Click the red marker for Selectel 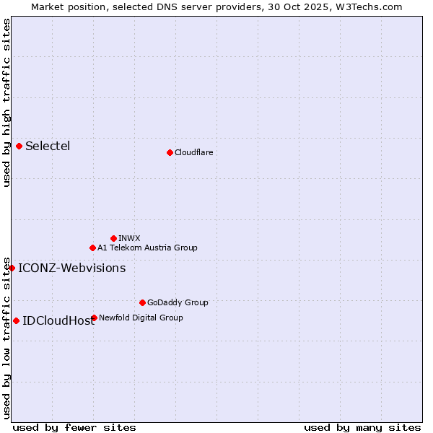click(19, 146)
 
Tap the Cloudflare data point click(170, 152)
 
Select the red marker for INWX click(113, 238)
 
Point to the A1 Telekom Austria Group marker click(92, 248)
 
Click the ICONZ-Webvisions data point click(12, 268)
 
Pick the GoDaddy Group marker click(142, 302)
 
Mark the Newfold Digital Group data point click(94, 318)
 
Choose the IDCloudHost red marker click(16, 320)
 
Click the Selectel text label click(48, 146)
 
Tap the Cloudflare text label click(193, 152)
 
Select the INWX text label click(129, 238)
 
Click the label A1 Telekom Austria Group click(147, 248)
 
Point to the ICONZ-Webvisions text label click(71, 268)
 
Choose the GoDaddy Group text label click(178, 302)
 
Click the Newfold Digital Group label click(141, 318)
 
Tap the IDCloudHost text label click(58, 321)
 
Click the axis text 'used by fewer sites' click(74, 427)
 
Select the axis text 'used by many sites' click(362, 427)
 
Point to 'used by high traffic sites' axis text click(6, 102)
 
